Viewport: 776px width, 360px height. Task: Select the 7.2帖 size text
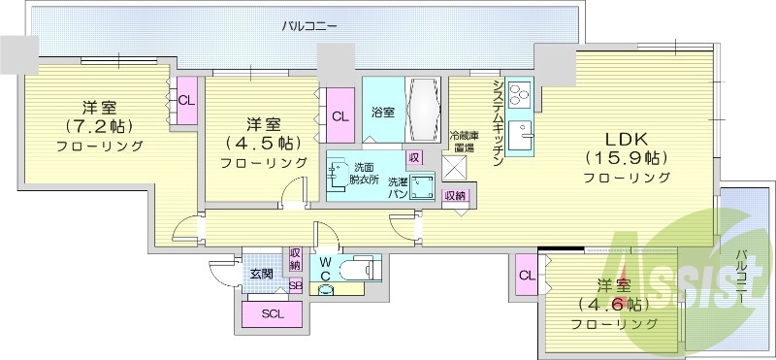(x=99, y=126)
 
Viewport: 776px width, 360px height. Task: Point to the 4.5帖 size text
(x=263, y=143)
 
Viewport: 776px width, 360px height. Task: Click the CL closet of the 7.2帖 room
(x=186, y=100)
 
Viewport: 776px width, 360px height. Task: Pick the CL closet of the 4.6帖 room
(x=528, y=276)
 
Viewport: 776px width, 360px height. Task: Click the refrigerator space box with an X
(x=454, y=166)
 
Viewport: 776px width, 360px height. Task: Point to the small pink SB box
(x=295, y=285)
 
